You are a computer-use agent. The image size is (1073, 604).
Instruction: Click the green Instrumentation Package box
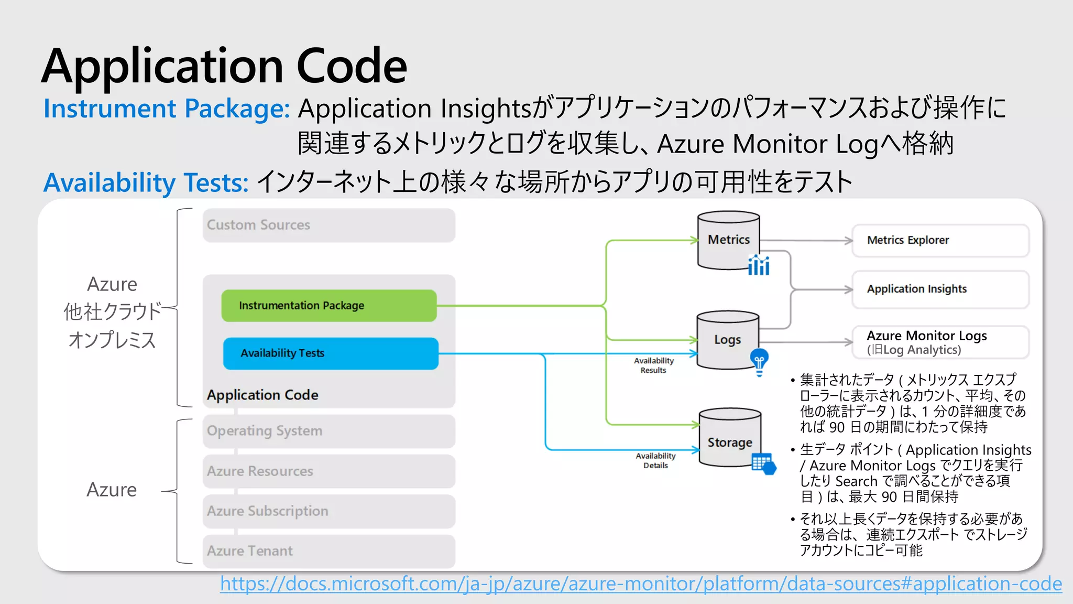[x=329, y=306]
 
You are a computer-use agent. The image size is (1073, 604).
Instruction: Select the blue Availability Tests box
[x=330, y=353]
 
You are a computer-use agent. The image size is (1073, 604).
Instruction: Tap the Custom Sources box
[x=329, y=225]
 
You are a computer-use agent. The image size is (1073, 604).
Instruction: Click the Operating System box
[x=329, y=431]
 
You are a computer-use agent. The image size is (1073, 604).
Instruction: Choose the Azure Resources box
[x=329, y=471]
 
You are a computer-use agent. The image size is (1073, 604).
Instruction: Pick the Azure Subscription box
[x=329, y=511]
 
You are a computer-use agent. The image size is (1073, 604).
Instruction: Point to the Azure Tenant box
[x=329, y=551]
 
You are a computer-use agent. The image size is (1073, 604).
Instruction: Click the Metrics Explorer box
[x=940, y=241]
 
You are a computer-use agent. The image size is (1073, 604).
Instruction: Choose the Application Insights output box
[x=940, y=289]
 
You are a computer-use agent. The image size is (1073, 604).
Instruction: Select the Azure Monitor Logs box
[x=940, y=342]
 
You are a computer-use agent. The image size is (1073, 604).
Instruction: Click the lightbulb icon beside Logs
[x=759, y=362]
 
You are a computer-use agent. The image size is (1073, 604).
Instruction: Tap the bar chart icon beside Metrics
[x=759, y=265]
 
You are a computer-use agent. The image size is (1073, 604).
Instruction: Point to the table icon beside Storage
[x=763, y=463]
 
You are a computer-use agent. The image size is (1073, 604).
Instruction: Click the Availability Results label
[x=653, y=365]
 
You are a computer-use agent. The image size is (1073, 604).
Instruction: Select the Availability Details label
[x=655, y=461]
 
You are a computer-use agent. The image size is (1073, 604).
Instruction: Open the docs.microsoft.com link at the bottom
[x=640, y=584]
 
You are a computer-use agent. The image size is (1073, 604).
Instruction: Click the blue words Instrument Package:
[x=166, y=109]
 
